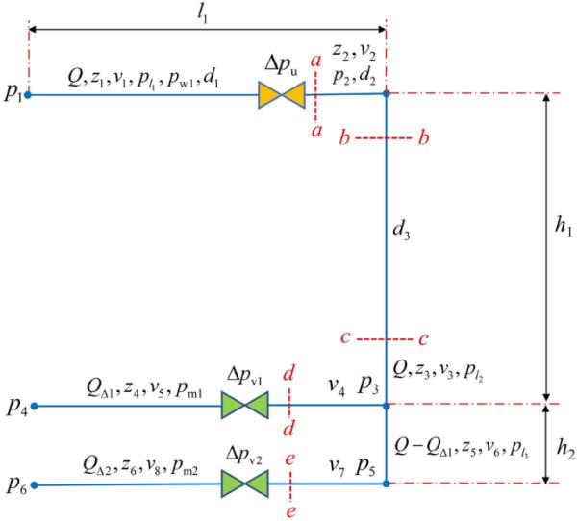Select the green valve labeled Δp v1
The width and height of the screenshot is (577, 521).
(244, 406)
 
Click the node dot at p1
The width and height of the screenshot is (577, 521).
(28, 94)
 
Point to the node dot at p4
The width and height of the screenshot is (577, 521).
(36, 407)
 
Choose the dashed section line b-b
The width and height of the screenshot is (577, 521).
(384, 139)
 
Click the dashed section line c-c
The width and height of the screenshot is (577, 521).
(384, 339)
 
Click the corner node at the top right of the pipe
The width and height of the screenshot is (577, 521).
(386, 93)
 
